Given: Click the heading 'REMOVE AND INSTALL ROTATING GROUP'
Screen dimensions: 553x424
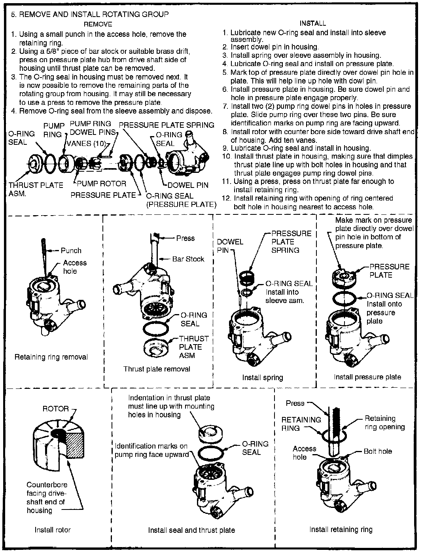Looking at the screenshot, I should pyautogui.click(x=94, y=15).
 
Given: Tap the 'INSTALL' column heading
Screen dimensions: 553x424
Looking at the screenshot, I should pyautogui.click(x=312, y=23).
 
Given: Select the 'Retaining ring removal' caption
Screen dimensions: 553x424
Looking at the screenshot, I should pyautogui.click(x=51, y=357).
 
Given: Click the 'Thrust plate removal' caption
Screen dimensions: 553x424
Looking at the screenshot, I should pyautogui.click(x=157, y=369).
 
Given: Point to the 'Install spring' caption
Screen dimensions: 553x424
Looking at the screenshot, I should pyautogui.click(x=263, y=377).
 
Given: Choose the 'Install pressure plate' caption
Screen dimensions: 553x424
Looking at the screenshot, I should pyautogui.click(x=367, y=377).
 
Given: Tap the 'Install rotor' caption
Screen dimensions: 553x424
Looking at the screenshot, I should pyautogui.click(x=53, y=530).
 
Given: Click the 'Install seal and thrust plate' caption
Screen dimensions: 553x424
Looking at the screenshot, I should pyautogui.click(x=191, y=530).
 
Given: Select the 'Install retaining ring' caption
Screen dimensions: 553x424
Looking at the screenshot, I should pyautogui.click(x=341, y=529).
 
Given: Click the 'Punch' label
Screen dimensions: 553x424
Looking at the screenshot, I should pyautogui.click(x=71, y=250).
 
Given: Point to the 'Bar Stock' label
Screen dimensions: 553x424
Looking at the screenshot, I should pyautogui.click(x=188, y=259).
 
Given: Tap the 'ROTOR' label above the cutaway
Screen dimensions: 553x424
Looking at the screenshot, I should pyautogui.click(x=56, y=409).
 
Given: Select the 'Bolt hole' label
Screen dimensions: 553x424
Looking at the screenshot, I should pyautogui.click(x=378, y=451).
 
